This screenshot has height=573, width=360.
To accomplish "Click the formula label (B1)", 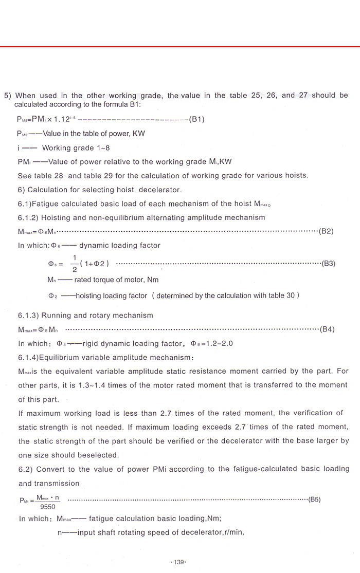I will point(197,119).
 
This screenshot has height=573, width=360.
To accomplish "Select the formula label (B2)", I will point(327,231).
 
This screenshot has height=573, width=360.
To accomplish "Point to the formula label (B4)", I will point(327,329).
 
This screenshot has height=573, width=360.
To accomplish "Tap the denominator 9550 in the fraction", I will point(47,506).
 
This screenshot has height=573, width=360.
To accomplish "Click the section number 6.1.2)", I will point(29,217).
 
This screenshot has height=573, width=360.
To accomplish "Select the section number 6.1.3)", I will point(29,316).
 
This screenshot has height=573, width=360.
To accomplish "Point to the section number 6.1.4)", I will point(29,357).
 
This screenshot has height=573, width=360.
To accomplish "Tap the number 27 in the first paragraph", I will point(303,95).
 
